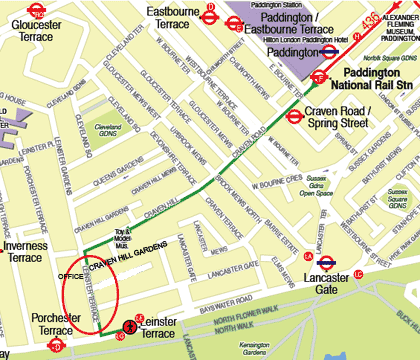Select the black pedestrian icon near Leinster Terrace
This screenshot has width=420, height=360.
130,326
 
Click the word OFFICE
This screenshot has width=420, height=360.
72,273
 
